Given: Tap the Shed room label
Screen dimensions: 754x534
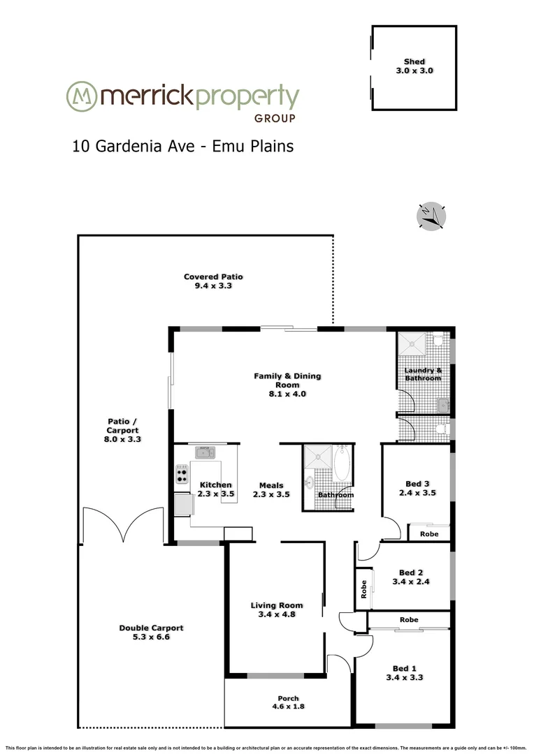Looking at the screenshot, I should (414, 62).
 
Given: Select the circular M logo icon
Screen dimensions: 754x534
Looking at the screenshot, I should (81, 96).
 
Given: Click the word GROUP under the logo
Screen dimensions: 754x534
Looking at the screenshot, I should (275, 118).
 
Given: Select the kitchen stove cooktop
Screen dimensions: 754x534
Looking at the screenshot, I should (182, 474).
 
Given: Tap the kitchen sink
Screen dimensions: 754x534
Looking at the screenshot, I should (205, 452).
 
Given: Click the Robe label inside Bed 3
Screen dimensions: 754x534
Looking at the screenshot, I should (428, 534).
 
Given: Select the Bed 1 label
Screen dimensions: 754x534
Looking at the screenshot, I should (414, 669).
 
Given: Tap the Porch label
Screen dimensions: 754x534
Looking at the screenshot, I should (288, 699).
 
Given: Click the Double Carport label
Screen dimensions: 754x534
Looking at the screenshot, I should (151, 628).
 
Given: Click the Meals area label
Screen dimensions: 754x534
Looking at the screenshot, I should (271, 486).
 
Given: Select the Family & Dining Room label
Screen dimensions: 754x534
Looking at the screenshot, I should (287, 380).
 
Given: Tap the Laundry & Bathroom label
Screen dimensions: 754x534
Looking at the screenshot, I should (424, 374).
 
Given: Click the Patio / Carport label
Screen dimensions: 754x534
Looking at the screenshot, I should (117, 426).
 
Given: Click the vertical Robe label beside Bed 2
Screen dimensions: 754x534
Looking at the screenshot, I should (363, 591).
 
